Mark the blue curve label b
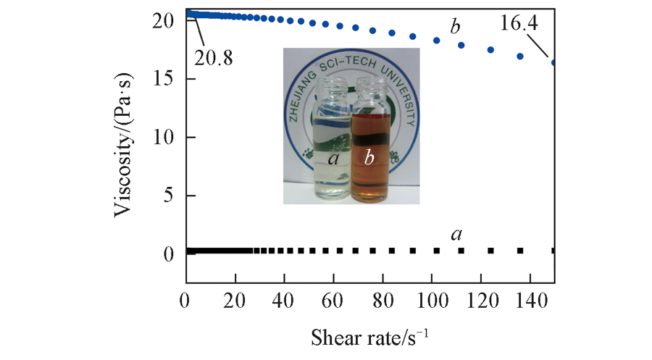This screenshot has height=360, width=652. coord(454,28)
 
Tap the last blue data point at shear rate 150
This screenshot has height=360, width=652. coord(554,63)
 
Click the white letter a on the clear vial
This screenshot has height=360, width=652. coord(333,158)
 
